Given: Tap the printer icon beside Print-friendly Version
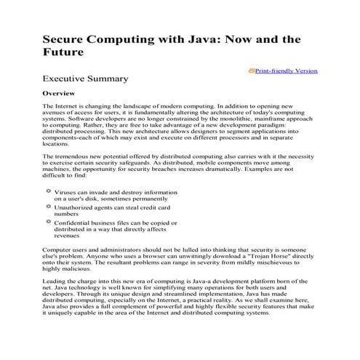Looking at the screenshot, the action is [x=252, y=71].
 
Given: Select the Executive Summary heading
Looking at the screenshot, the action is [x=86, y=79].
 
